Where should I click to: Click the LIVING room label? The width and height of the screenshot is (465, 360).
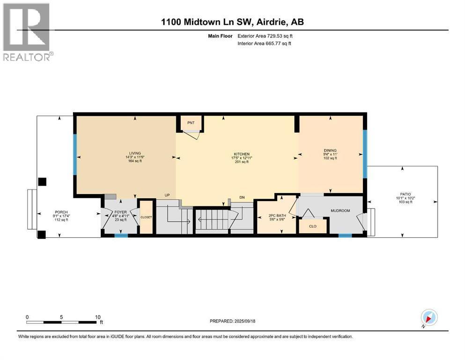point(135,153)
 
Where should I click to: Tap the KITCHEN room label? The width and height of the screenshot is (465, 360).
point(242,154)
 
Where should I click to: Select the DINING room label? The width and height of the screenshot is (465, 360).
point(330,150)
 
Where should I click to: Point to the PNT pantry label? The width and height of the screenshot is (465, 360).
point(191,122)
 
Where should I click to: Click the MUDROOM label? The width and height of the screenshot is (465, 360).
point(340,211)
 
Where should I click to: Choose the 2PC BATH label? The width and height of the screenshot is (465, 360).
point(277,216)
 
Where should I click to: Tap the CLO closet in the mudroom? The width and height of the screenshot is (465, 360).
point(313,226)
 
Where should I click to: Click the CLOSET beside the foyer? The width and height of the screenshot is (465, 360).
point(146,217)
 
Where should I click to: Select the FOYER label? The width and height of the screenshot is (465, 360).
point(121,212)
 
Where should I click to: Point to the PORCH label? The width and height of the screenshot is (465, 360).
point(61,212)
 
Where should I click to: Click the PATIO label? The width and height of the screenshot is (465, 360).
point(406,194)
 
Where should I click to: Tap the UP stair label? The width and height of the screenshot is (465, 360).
point(167,195)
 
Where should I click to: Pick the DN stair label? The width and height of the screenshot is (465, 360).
point(242,197)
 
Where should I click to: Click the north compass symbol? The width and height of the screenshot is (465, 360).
point(429,317)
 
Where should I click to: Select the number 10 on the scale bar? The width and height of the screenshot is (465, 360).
point(98,317)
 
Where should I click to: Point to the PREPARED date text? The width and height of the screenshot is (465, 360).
point(232,321)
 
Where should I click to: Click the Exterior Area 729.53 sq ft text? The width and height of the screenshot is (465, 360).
point(265,36)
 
